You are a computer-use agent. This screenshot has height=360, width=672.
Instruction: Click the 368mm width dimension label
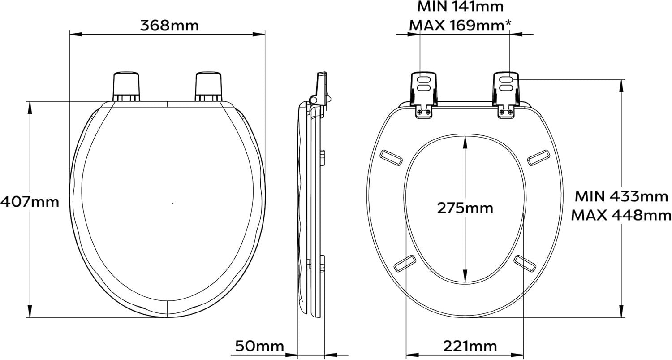pyautogui.click(x=169, y=26)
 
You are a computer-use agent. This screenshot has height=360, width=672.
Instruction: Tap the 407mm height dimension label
pyautogui.click(x=30, y=202)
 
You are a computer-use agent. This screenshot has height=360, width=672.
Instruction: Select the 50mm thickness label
pyautogui.click(x=259, y=346)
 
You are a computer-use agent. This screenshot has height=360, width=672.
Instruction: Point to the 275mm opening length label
pyautogui.click(x=465, y=208)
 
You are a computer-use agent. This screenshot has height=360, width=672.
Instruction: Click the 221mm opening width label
pyautogui.click(x=470, y=346)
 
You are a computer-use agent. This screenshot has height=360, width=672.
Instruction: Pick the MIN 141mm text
pyautogui.click(x=460, y=7)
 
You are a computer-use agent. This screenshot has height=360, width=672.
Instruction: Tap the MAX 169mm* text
pyautogui.click(x=460, y=26)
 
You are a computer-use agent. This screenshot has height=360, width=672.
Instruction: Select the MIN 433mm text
pyautogui.click(x=621, y=197)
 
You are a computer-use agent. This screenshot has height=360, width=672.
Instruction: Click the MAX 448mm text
pyautogui.click(x=621, y=215)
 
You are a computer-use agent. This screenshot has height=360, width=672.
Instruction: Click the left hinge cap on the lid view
pyautogui.click(x=126, y=87)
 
